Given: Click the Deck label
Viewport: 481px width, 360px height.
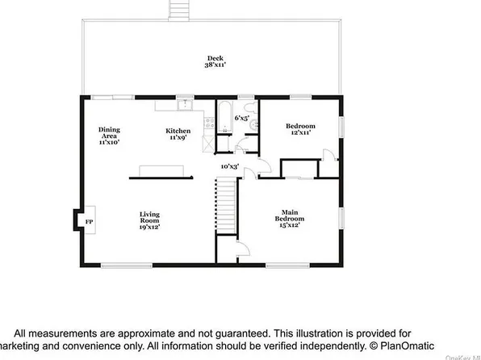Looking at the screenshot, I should (x=215, y=58).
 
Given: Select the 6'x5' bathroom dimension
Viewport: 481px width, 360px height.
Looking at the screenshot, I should (x=241, y=118).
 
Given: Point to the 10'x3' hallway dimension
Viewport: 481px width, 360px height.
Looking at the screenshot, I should (x=231, y=166).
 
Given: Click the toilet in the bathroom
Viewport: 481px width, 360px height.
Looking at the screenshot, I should (x=254, y=124).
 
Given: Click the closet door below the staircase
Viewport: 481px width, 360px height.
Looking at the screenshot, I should (x=236, y=249).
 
